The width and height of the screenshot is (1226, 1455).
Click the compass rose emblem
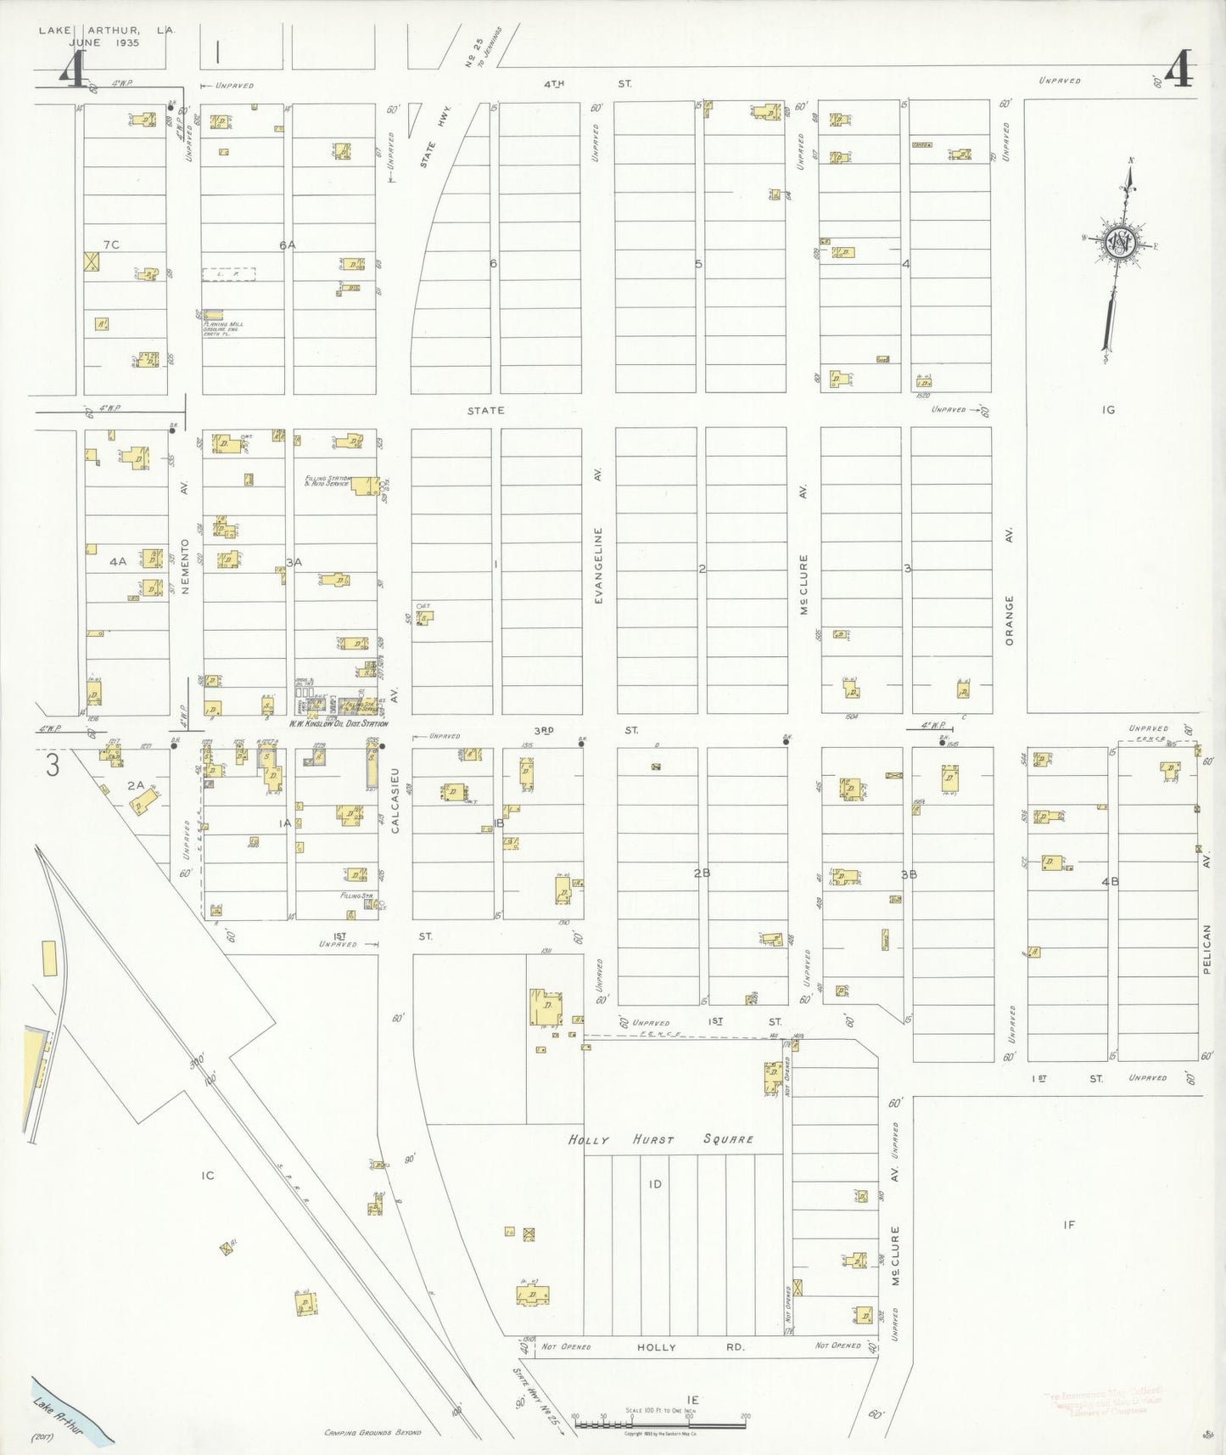coord(1119,241)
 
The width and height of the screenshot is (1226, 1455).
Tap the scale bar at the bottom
coord(659,1422)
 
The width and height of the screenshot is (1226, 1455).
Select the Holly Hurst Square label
coord(660,1139)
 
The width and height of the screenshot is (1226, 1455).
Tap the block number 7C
coord(111,244)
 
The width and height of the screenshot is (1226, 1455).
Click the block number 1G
coord(1108,410)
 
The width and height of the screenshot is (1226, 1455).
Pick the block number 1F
coord(1069,1224)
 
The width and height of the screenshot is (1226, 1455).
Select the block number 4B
coord(1110,881)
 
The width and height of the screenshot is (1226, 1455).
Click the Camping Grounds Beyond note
coord(372,1432)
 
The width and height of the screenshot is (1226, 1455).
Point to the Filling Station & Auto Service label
coord(327,480)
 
